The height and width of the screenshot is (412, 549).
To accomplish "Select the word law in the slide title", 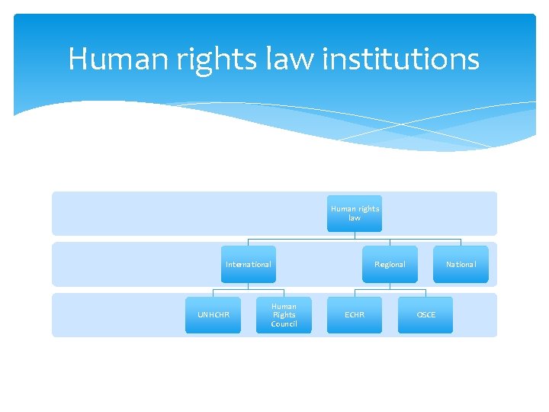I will click(284, 59).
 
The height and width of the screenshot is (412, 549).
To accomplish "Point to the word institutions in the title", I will click(401, 59).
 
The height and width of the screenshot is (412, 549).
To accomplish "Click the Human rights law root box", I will click(355, 214).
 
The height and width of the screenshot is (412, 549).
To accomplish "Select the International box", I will click(249, 265).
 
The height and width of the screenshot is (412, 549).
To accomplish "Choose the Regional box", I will click(390, 265).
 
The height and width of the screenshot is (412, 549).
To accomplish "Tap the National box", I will click(461, 265).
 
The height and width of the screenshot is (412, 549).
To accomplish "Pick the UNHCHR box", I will click(213, 315).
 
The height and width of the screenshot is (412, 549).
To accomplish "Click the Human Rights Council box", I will click(284, 315).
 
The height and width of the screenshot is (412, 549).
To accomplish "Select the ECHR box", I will click(355, 315).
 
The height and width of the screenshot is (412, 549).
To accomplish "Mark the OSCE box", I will click(425, 315).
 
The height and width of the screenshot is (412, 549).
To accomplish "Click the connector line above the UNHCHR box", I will click(213, 293).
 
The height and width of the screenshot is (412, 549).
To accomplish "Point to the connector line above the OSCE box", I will click(425, 293).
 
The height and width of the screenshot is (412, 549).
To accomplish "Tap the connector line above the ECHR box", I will click(355, 293).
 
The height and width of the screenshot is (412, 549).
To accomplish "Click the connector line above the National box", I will click(461, 242).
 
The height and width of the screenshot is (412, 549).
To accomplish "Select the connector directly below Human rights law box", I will click(355, 235).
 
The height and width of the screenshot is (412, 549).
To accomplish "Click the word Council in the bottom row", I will click(284, 324).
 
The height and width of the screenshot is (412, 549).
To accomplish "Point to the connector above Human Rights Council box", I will click(284, 293).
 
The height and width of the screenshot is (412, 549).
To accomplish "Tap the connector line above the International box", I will click(249, 242).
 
